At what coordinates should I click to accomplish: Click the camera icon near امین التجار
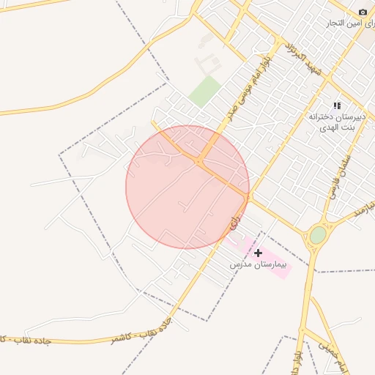click(363, 12)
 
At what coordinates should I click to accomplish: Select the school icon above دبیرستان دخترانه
click(337, 106)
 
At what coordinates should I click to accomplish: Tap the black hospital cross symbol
click(259, 253)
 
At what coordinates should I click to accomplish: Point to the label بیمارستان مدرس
click(259, 264)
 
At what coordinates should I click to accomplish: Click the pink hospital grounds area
click(282, 268)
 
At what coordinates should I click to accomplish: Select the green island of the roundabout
click(317, 235)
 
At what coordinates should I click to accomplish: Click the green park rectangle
click(204, 91)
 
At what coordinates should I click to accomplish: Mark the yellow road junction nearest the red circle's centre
click(199, 160)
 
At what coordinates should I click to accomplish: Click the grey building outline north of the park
click(207, 59)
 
